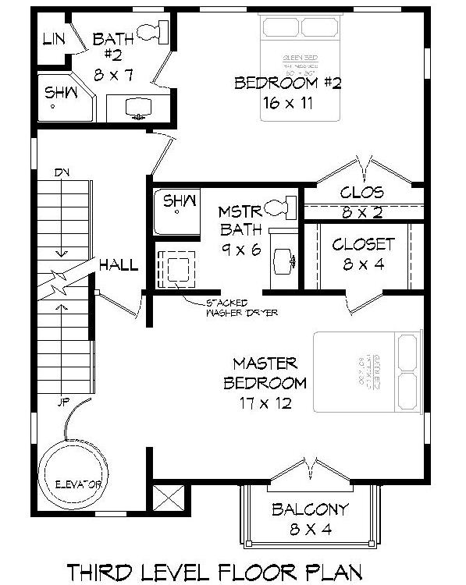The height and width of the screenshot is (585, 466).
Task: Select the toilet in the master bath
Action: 279,207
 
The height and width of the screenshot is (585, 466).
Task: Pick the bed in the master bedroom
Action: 362,372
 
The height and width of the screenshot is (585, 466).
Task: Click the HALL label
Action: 119,265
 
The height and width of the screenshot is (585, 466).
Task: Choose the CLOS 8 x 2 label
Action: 362,200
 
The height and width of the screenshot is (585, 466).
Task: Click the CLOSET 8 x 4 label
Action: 364,253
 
